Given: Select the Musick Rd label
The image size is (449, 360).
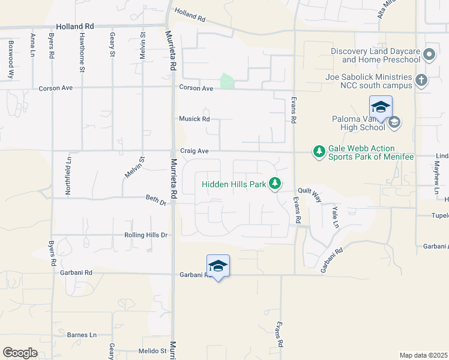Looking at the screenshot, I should (x=194, y=119).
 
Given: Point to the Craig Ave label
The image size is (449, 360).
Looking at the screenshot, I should (x=194, y=151).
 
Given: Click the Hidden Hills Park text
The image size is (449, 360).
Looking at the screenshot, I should (x=234, y=184).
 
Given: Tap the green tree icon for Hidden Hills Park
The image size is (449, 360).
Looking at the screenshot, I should (x=275, y=183).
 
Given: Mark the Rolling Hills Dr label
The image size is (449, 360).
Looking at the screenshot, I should (x=145, y=235).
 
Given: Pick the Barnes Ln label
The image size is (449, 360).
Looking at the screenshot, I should (x=82, y=335).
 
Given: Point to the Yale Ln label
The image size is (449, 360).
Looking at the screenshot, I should (x=336, y=217).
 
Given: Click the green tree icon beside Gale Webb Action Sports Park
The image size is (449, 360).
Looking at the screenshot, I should (x=319, y=151).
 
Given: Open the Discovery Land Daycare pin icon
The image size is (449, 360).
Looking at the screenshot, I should (x=429, y=56).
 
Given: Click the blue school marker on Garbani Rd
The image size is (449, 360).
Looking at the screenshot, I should (x=218, y=266).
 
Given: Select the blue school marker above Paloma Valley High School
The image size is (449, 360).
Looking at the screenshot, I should (x=381, y=107).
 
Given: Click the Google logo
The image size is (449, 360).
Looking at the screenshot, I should (x=20, y=353).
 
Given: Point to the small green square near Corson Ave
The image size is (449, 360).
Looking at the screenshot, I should (x=227, y=81).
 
